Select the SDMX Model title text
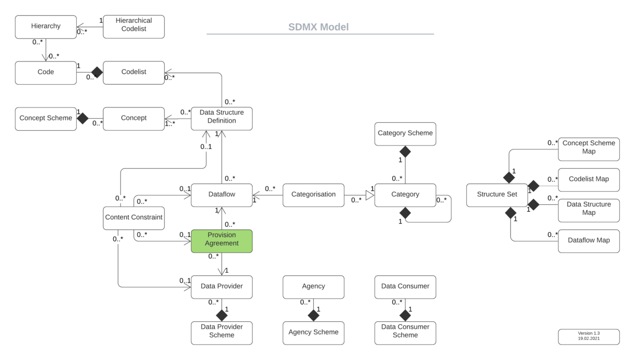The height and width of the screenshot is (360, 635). tap(319, 26)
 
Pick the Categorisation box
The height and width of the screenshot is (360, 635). tap(313, 195)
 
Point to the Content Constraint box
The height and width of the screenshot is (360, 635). tap(133, 218)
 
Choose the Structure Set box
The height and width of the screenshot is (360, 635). tap(497, 195)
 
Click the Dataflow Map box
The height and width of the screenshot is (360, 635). tap(588, 241)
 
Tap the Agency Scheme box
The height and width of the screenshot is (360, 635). tap(313, 333)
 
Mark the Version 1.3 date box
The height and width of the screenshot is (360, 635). tap(588, 337)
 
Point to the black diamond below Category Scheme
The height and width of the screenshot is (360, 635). tap(405, 151)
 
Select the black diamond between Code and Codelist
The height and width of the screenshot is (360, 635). tap(97, 73)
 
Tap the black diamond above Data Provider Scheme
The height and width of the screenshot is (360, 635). tap(221, 316)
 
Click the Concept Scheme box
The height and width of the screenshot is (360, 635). tap(46, 119)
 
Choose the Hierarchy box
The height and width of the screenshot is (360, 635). tap(46, 26)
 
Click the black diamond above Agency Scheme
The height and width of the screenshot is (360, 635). tap(313, 316)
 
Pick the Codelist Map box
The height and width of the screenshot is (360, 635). tap(588, 179)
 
